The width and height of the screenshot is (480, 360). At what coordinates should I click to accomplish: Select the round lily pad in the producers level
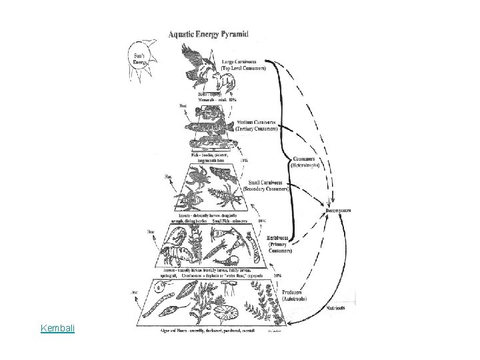[231, 312]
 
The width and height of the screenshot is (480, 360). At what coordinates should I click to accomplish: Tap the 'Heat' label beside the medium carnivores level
[183, 105]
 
